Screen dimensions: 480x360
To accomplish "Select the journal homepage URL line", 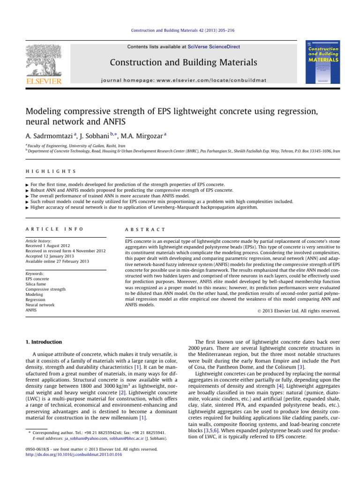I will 183,80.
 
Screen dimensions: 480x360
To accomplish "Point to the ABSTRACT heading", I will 145,229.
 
